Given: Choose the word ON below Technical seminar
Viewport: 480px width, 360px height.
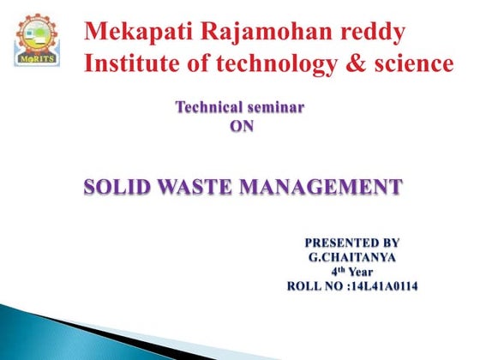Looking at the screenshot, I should tap(243, 126).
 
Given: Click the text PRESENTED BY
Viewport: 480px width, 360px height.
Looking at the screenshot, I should tap(352, 242).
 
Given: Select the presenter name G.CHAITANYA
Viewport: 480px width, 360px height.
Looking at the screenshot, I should tap(352, 255).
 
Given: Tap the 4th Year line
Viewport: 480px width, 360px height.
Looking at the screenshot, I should tap(352, 270).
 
